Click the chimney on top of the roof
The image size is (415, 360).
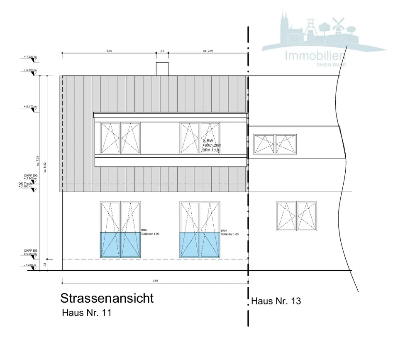pos(162,69)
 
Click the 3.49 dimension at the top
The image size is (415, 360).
pos(109,51)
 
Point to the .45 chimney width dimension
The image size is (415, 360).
pos(162,51)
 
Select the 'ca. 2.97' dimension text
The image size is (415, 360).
pos(209,51)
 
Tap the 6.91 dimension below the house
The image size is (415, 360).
pos(155,281)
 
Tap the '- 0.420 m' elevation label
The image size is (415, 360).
pos(30,265)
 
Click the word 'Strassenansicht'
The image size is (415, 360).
pos(107,298)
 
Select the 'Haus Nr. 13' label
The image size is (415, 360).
pos(276,301)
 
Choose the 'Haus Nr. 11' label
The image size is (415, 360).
pos(86,313)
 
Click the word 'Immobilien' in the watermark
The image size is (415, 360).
pos(315,56)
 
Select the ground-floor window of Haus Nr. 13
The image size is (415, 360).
pos(297,215)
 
